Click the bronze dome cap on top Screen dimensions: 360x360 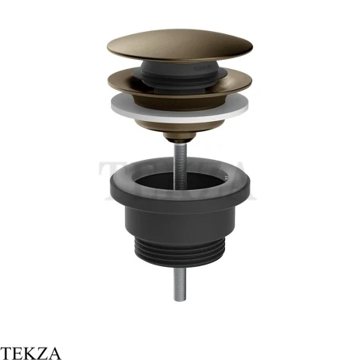(179, 45)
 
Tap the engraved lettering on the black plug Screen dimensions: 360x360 (203, 69)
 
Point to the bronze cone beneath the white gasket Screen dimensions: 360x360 (179, 128)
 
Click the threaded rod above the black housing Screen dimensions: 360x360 (180, 165)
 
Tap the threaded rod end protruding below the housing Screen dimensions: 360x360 (180, 284)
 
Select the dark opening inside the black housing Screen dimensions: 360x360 (180, 181)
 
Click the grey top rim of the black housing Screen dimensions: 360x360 (180, 168)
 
